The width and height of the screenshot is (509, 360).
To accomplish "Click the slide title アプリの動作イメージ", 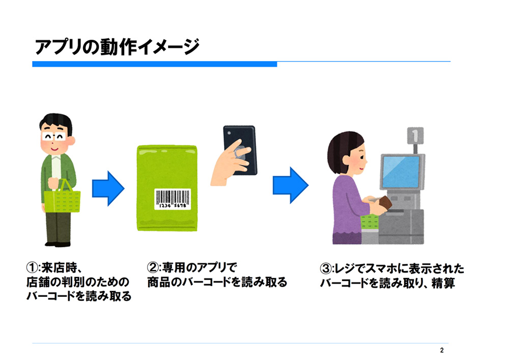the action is point(117,47).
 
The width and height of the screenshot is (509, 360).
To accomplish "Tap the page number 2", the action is point(442,350).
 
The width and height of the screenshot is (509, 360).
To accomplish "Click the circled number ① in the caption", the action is point(32,268).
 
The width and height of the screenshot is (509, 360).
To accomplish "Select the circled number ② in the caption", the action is point(153,268).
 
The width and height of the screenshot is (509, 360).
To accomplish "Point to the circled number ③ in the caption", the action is point(326,269).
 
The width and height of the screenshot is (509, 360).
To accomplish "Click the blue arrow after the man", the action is point(108,188).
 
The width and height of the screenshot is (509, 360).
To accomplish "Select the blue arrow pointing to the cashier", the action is point(291,185).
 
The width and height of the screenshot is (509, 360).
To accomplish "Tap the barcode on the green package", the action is point(173,199).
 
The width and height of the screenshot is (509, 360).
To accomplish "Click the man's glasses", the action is point(54,136).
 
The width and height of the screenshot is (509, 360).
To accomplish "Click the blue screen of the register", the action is point(401,172).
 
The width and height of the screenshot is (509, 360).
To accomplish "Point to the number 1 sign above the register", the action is point(415,135).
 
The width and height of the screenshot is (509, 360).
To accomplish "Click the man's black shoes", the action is point(58,244).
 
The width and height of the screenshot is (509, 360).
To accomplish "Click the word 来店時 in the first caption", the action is point(60,268).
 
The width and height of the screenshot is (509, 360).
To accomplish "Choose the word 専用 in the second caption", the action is point(174,268).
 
